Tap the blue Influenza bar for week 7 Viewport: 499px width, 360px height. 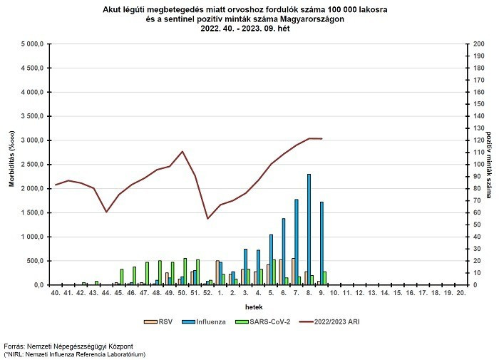point(296,242)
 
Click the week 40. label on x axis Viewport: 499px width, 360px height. point(56,292)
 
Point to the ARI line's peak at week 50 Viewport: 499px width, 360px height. point(182,151)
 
